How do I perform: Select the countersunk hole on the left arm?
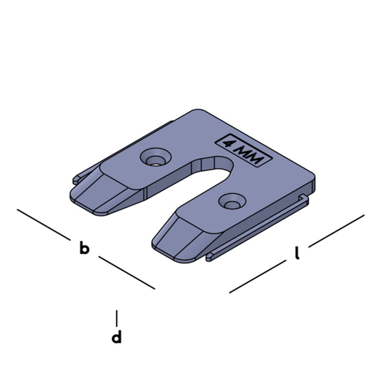(x=156, y=158)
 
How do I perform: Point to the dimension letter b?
(x=84, y=248)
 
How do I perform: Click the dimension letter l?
(x=297, y=253)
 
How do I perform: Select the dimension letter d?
(x=117, y=337)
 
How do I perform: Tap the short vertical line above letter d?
(x=117, y=318)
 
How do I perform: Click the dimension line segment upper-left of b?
(x=44, y=224)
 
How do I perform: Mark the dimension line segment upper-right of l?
(x=336, y=230)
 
